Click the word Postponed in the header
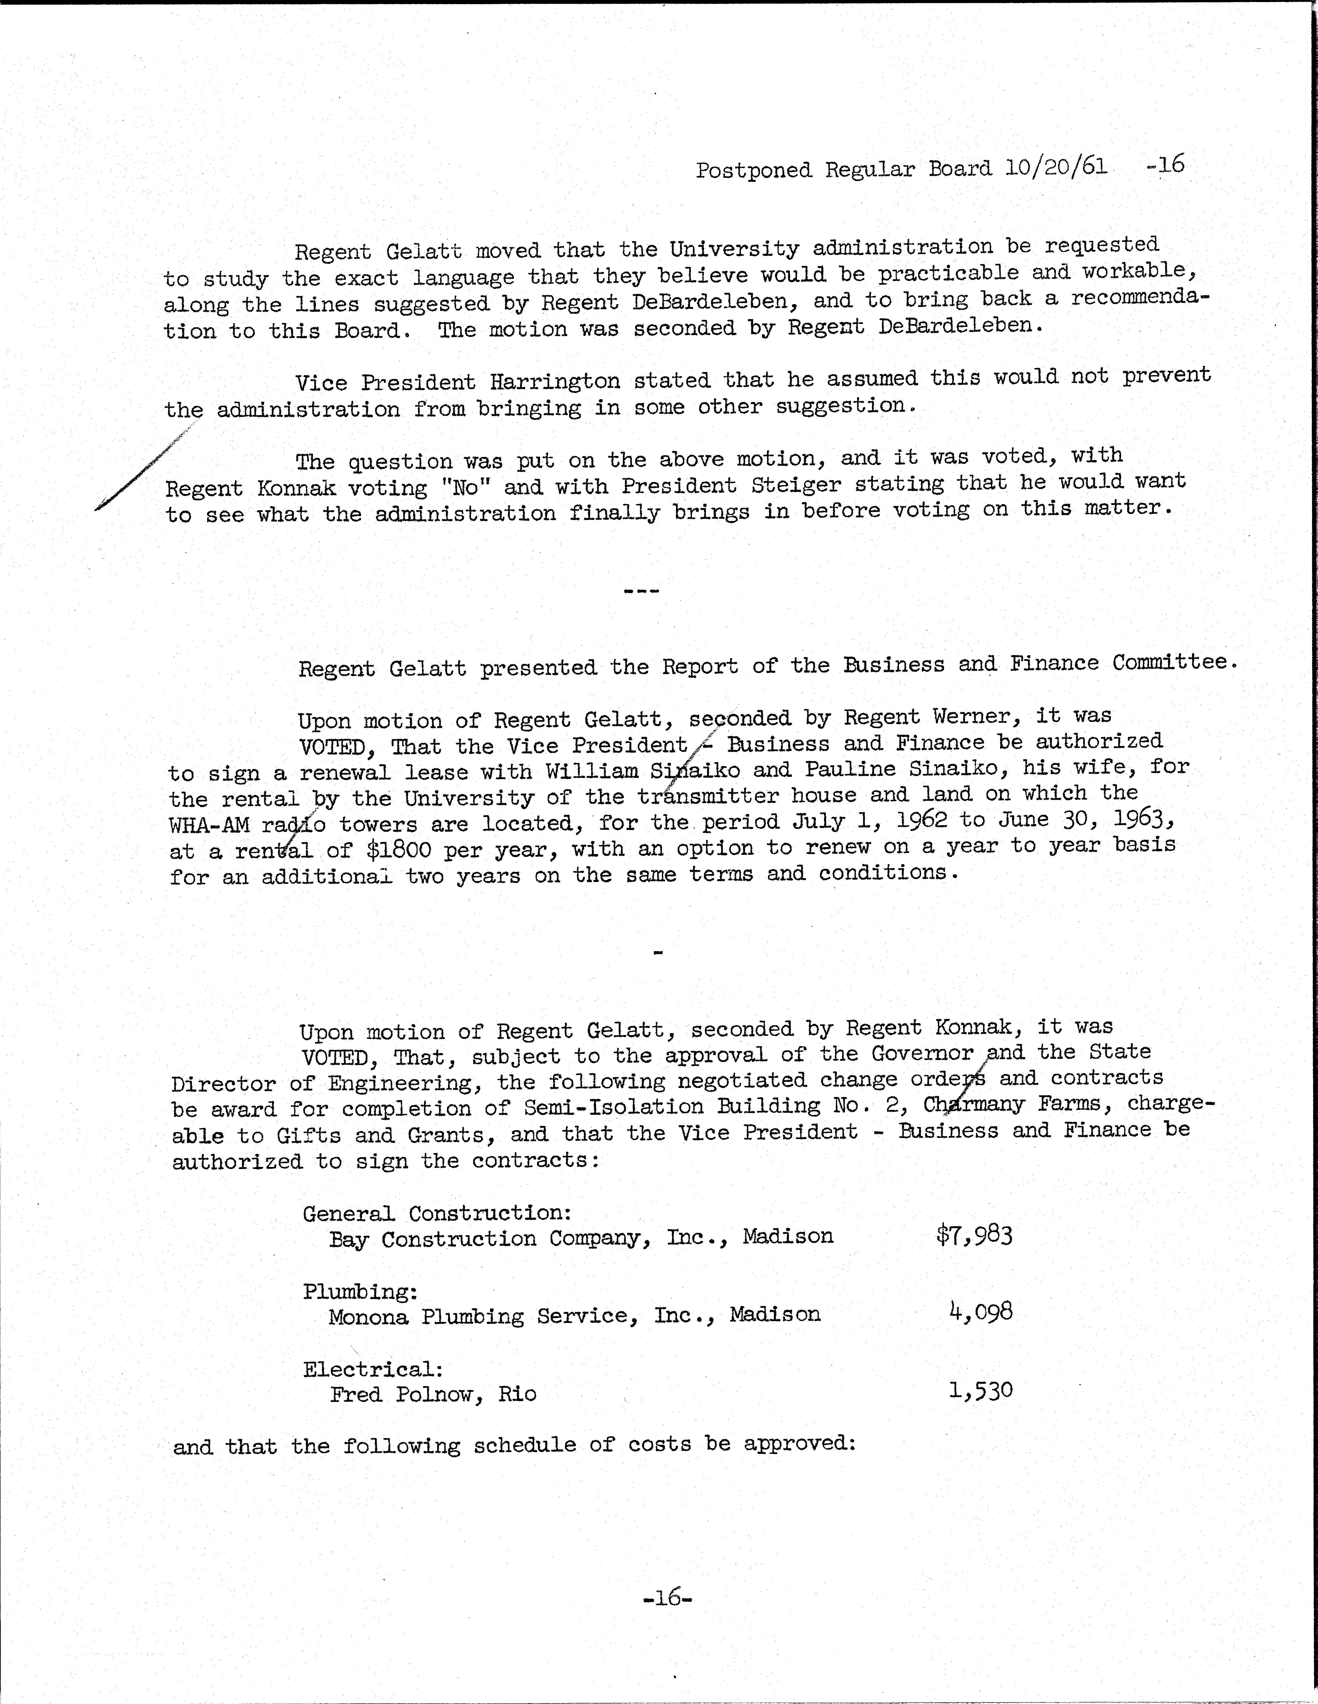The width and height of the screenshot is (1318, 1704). click(x=754, y=170)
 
